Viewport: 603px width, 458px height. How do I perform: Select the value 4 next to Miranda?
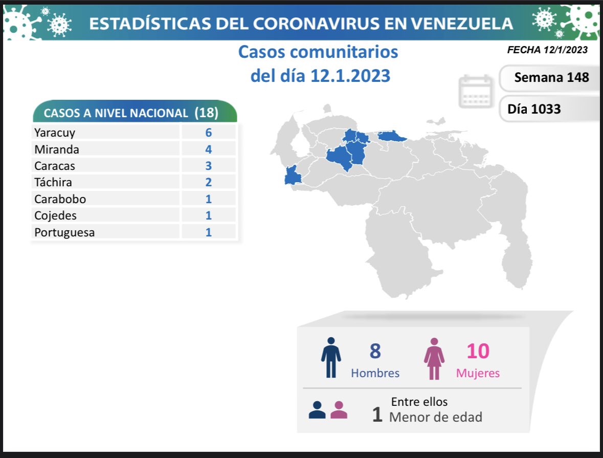(x=208, y=149)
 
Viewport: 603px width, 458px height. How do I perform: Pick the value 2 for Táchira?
(x=208, y=182)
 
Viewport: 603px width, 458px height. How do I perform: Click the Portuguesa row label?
(x=64, y=232)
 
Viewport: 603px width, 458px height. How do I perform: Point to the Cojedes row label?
(x=55, y=215)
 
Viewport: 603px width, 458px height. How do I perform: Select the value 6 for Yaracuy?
(x=208, y=133)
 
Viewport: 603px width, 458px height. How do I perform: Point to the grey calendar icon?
(x=476, y=91)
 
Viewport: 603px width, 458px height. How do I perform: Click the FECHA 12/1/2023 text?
(x=547, y=50)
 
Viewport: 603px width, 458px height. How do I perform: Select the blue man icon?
(x=331, y=357)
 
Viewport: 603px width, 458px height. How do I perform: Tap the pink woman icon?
(x=434, y=358)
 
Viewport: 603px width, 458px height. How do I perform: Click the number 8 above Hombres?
(x=375, y=351)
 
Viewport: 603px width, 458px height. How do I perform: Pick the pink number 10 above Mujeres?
(x=478, y=351)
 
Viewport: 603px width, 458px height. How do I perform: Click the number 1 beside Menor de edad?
(x=377, y=415)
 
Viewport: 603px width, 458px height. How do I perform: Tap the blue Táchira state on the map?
(x=293, y=175)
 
